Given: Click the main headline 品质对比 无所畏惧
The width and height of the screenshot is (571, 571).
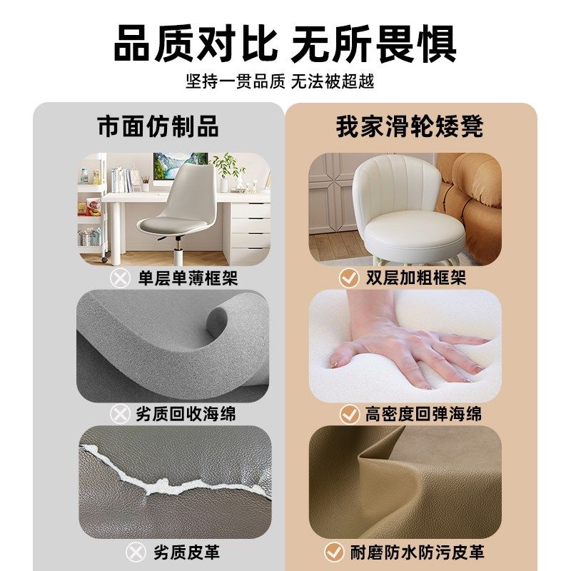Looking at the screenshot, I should pyautogui.click(x=285, y=44).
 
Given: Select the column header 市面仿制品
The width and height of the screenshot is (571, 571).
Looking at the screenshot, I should pyautogui.click(x=158, y=126).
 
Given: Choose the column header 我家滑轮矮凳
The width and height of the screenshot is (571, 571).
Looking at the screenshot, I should pyautogui.click(x=410, y=126).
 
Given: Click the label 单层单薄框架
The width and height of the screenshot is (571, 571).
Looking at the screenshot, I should pyautogui.click(x=187, y=278).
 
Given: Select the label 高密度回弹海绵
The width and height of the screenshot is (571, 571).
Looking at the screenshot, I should pyautogui.click(x=423, y=414).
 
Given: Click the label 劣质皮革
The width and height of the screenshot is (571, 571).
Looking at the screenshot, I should pyautogui.click(x=186, y=552).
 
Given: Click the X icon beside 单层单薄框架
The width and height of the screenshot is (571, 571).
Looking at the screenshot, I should pyautogui.click(x=120, y=278).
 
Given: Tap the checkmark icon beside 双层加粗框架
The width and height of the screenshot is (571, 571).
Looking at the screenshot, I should pyautogui.click(x=348, y=278).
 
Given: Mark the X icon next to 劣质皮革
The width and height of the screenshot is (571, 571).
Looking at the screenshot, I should pyautogui.click(x=136, y=552).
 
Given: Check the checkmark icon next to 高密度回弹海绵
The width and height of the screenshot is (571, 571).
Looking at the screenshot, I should pyautogui.click(x=349, y=414).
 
